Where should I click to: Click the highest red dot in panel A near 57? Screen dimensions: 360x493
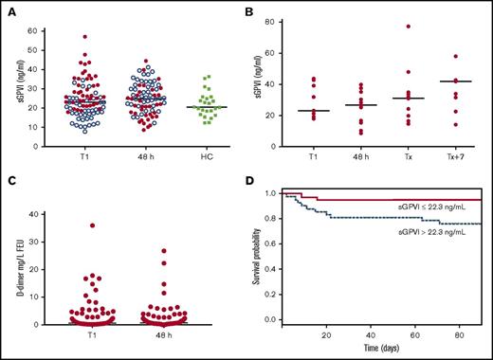pos(84,37)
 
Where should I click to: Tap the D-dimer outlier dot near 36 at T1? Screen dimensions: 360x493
pos(66,225)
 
